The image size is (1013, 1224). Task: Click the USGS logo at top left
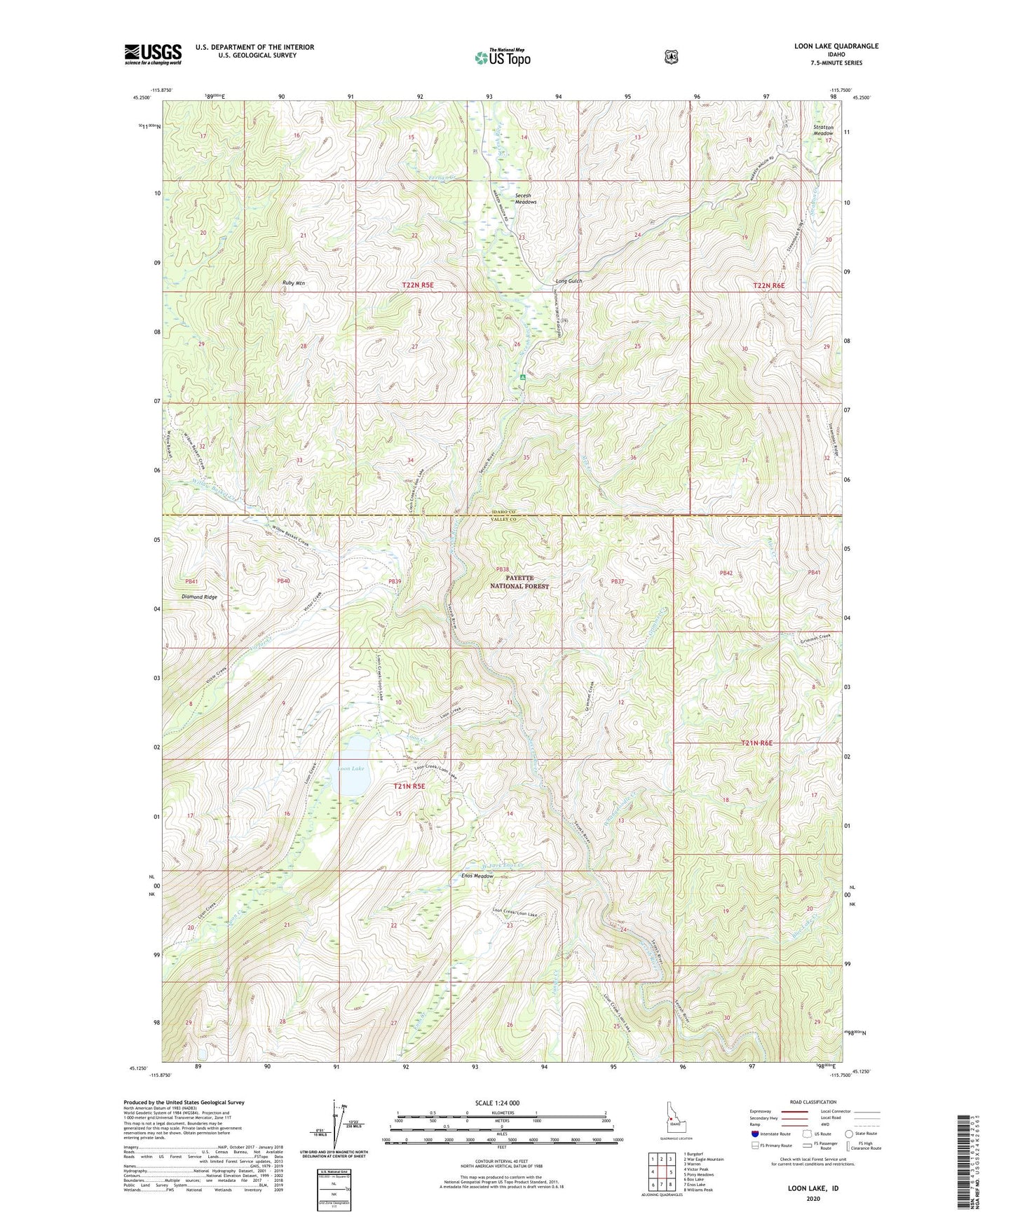[153, 53]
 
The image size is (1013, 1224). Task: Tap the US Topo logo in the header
[502, 57]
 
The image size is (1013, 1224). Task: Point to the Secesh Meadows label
[525, 199]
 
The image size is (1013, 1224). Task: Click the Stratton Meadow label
[823, 130]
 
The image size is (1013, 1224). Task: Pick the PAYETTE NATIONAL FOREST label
[519, 582]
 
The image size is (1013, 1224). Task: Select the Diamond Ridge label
[199, 597]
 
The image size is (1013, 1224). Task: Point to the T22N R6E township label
[768, 286]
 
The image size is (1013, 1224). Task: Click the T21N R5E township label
[409, 787]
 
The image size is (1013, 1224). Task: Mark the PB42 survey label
[726, 573]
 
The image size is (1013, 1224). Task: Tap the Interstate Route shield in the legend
[755, 1133]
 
